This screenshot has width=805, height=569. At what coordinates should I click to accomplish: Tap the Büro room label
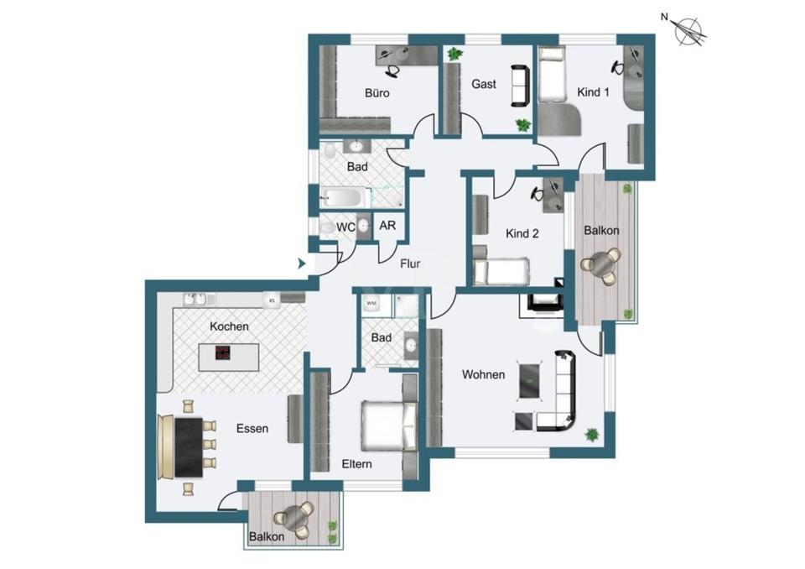coord(377,93)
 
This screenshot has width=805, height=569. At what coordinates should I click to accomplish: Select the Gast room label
coord(484,84)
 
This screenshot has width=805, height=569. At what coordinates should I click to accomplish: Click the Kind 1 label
coord(593,92)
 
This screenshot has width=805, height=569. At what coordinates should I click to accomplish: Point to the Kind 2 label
coord(522,233)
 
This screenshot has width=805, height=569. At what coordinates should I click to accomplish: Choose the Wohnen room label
coord(484,374)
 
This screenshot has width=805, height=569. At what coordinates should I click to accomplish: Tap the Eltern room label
coord(356,463)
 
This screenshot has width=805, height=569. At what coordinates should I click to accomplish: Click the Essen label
coord(252,428)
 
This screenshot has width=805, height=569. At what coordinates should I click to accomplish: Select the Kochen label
coord(229,326)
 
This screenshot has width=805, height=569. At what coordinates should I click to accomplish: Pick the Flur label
coord(410,264)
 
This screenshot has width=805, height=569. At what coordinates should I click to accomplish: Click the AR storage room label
coord(388,226)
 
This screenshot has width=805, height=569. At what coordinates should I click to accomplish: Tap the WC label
coord(345,227)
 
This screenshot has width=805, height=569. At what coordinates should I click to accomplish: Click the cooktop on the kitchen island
coord(223,353)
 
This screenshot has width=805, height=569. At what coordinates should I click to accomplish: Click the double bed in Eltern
coord(388,426)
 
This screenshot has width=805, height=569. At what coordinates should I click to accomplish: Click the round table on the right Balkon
coord(603,264)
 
